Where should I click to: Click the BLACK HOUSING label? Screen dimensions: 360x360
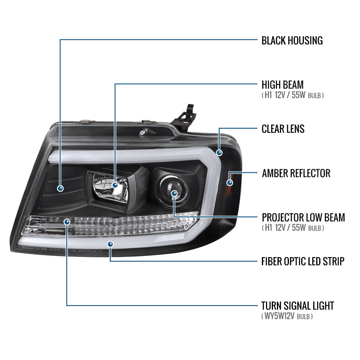(x=292, y=40)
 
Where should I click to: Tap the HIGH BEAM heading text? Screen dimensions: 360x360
(x=282, y=85)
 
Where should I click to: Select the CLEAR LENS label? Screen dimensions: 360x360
(x=283, y=129)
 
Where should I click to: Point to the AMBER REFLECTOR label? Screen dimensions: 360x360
(x=296, y=173)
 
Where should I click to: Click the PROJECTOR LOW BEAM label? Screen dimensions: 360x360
(x=303, y=217)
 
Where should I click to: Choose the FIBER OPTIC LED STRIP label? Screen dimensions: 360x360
(x=302, y=261)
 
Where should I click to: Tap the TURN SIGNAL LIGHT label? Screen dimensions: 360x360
(x=297, y=306)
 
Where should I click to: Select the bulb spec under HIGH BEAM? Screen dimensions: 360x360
(x=292, y=95)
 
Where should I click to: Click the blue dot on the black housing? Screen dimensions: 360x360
(x=61, y=188)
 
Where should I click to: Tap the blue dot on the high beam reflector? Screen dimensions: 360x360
(x=115, y=185)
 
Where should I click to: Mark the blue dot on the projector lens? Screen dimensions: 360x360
(x=174, y=193)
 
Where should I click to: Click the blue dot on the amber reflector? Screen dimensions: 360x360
(x=230, y=182)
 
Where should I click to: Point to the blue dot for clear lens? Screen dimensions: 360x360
(x=220, y=152)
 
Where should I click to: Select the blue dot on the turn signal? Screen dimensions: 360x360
(x=67, y=222)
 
